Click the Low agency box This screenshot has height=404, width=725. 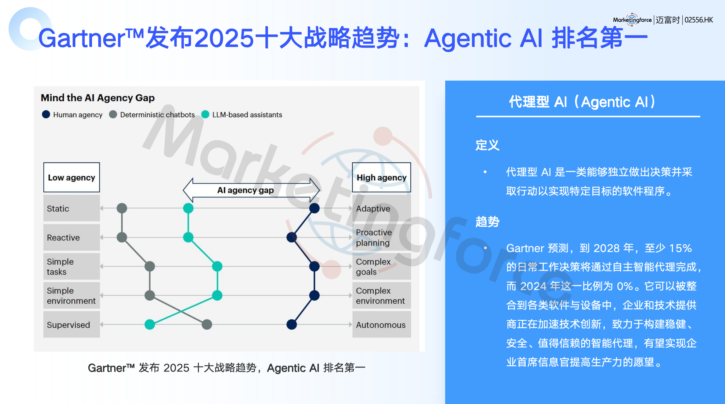click(72, 177)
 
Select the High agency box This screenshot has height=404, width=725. click(381, 177)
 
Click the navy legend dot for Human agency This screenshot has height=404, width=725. click(46, 114)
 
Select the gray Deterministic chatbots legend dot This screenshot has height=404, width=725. click(113, 114)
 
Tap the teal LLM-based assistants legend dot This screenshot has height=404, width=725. click(205, 114)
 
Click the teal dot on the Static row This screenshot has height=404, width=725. click(188, 208)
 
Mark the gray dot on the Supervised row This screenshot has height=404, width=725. click(207, 324)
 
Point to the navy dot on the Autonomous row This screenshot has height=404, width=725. click(292, 324)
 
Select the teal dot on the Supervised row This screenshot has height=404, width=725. click(150, 324)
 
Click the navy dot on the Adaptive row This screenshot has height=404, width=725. click(314, 208)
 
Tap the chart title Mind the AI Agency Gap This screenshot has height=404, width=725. click(98, 98)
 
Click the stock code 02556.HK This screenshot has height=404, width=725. click(699, 20)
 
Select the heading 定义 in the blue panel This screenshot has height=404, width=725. click(488, 145)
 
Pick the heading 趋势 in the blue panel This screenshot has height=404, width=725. click(488, 222)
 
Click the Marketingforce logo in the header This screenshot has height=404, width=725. click(632, 20)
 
